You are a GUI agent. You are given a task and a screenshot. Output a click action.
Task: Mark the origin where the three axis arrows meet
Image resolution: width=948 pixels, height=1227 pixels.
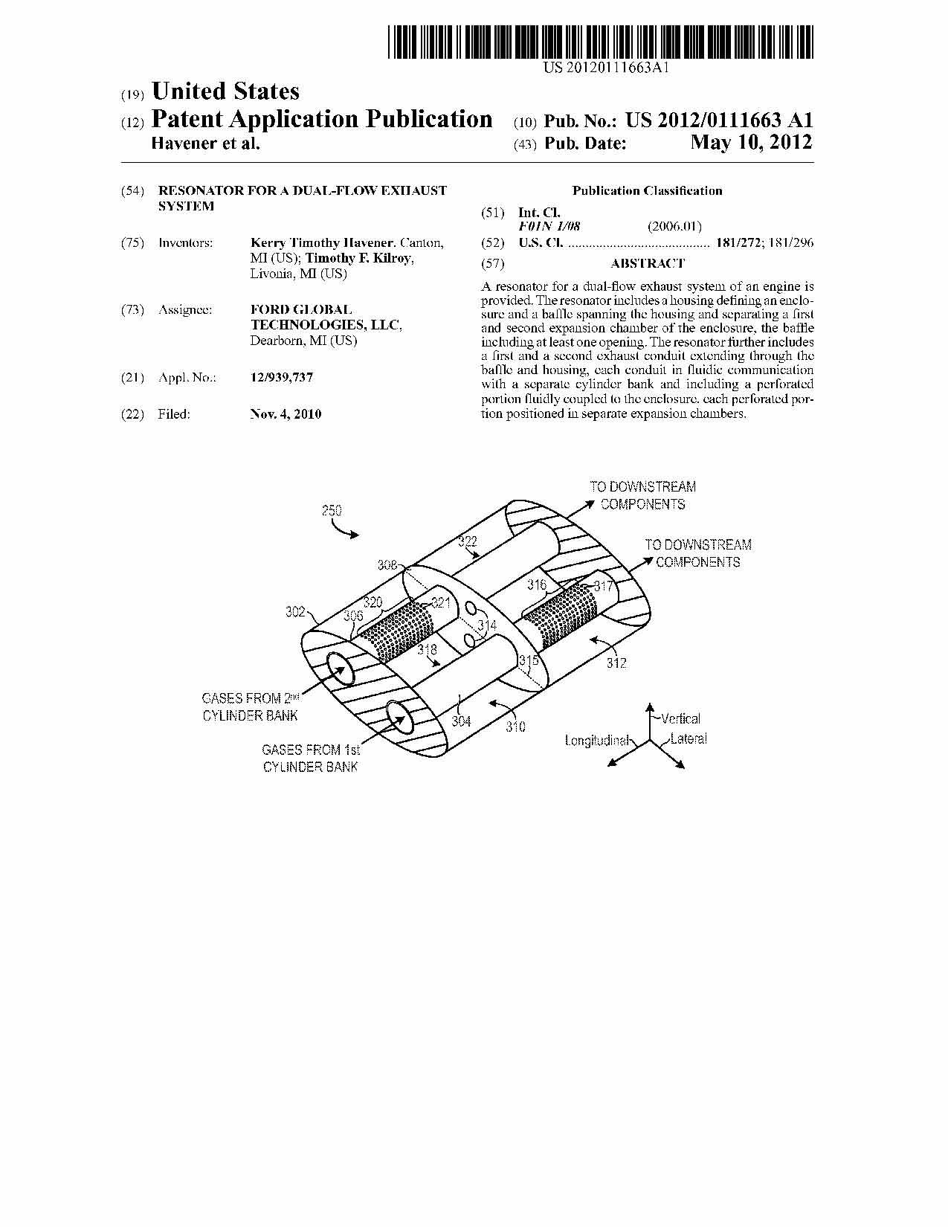pyautogui.click(x=650, y=739)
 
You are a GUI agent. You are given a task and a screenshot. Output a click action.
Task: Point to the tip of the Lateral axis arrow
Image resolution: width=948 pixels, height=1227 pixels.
pyautogui.click(x=685, y=768)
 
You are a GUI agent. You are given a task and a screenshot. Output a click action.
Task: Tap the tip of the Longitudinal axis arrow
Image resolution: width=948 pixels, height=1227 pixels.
pyautogui.click(x=607, y=766)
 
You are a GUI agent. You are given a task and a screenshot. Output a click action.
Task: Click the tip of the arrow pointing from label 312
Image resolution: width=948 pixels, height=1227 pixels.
pyautogui.click(x=588, y=638)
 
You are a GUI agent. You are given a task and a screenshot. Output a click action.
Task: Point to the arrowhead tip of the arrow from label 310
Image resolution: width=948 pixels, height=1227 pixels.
pyautogui.click(x=489, y=703)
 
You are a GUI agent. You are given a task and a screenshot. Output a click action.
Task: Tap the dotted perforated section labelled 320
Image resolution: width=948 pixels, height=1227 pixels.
pyautogui.click(x=396, y=631)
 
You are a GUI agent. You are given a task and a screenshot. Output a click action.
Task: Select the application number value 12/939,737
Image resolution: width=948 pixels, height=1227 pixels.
pyautogui.click(x=282, y=377)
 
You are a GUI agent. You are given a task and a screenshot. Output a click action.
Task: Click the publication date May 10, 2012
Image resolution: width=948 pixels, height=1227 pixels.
pyautogui.click(x=752, y=142)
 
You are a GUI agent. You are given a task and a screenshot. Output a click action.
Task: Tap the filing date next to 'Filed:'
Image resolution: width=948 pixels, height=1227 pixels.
pyautogui.click(x=286, y=414)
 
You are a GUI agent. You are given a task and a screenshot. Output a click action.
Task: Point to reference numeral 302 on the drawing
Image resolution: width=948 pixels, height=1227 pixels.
pyautogui.click(x=295, y=611)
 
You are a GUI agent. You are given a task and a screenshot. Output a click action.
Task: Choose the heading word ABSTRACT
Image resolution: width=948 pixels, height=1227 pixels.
pyautogui.click(x=648, y=263)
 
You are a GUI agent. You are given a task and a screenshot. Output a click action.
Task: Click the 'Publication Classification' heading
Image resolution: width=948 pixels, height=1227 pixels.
pyautogui.click(x=647, y=191)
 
